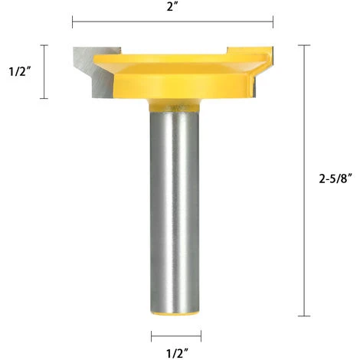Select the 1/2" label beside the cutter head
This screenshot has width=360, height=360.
(x=19, y=72)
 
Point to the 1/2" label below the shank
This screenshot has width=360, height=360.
(x=175, y=351)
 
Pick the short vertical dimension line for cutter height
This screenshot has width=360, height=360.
(x=44, y=72)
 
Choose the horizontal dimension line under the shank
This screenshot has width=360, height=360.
(x=175, y=334)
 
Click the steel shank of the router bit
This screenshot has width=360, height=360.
(x=175, y=207)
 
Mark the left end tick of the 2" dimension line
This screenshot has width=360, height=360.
(x=73, y=21)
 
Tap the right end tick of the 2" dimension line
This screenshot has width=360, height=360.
(x=273, y=21)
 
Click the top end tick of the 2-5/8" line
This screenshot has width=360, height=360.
(x=308, y=45)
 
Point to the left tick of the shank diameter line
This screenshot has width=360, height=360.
(x=151, y=334)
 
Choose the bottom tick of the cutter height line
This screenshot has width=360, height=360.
(x=44, y=99)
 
